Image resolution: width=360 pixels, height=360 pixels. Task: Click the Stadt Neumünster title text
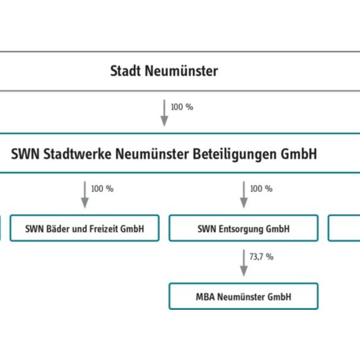(164, 71)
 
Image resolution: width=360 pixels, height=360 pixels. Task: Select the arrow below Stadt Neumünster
(164, 113)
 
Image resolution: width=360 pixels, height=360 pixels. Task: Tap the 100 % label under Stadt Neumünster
(182, 107)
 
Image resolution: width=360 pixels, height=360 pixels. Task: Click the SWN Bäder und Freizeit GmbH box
(84, 228)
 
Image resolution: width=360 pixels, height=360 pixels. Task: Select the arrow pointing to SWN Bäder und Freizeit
(84, 195)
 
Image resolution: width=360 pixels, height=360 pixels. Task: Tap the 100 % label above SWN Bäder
(102, 189)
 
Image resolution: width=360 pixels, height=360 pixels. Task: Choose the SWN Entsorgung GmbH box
(244, 228)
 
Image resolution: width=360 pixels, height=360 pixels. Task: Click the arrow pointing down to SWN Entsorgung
(244, 195)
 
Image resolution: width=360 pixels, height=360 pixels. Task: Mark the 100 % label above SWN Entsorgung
(261, 189)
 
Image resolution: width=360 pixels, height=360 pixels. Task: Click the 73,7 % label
(261, 257)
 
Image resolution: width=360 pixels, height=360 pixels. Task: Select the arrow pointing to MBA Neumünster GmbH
(244, 263)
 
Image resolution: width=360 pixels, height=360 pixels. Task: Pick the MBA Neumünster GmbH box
(244, 296)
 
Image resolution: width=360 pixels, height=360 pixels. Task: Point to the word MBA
(205, 296)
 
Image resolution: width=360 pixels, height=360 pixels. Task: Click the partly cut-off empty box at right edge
(344, 228)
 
